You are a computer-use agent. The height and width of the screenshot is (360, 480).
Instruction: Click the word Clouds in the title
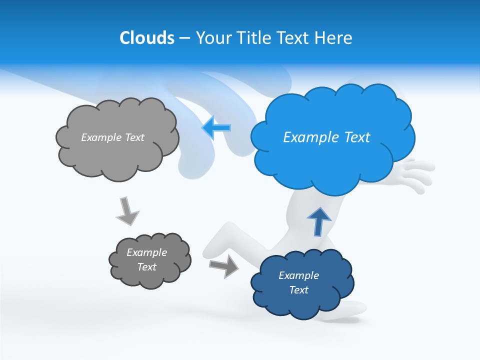tap(147, 38)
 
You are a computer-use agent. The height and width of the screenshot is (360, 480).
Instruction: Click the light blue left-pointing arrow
tap(216, 128)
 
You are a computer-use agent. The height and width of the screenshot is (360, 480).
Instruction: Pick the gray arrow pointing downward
tap(127, 211)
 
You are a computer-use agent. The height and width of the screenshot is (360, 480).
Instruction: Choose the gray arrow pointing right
tap(224, 265)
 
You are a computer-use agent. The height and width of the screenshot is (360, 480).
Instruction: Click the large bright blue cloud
tap(332, 137)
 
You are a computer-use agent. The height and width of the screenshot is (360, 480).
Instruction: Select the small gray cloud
tap(149, 260)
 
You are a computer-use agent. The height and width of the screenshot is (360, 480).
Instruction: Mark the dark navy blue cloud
tap(301, 283)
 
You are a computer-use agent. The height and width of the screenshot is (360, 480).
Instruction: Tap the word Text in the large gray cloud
tap(134, 137)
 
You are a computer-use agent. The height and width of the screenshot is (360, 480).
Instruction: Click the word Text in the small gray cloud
tap(147, 267)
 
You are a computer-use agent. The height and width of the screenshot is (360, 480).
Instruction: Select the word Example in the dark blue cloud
tap(298, 275)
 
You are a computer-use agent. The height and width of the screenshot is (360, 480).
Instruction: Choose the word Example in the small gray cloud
tap(147, 252)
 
